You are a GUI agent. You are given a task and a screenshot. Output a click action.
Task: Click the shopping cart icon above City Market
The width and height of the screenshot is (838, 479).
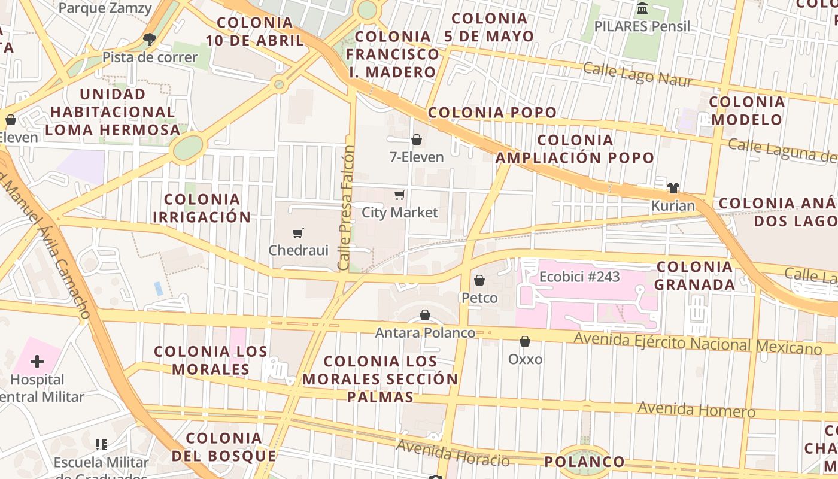[400, 195]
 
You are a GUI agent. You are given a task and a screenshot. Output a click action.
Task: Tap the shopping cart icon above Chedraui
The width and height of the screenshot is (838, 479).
[298, 233]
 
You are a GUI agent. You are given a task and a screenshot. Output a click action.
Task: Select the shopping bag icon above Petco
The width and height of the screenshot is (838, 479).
[479, 280]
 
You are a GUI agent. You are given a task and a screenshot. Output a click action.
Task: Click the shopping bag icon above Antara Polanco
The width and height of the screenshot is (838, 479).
[425, 315]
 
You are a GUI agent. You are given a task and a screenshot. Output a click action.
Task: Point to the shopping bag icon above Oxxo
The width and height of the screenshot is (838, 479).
[525, 341]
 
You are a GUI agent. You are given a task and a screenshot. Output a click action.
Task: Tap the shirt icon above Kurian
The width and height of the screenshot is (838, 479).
[673, 187]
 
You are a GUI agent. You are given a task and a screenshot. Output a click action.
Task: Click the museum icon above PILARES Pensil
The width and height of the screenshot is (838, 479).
[643, 8]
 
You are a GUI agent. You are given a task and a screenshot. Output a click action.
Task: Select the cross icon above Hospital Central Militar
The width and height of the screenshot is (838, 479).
[37, 361]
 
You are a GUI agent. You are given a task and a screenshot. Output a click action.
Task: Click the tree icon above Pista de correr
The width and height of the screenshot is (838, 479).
[150, 40]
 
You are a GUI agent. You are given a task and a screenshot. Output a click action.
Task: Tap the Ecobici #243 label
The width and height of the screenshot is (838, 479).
[579, 277]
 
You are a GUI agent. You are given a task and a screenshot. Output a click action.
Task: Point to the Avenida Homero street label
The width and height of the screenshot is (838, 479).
[696, 410]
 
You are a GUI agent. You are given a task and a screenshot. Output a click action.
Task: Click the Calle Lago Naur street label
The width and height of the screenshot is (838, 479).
[637, 75]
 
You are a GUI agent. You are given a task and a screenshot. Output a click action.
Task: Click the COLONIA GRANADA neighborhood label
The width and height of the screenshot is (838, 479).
[694, 275]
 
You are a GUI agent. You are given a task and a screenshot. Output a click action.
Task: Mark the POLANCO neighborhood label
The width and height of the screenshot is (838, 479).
[584, 462]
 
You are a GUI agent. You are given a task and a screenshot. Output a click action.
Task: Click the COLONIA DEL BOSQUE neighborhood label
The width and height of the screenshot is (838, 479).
[224, 447]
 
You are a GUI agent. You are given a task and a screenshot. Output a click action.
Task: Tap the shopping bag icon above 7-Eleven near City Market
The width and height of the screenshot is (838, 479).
[417, 140]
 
